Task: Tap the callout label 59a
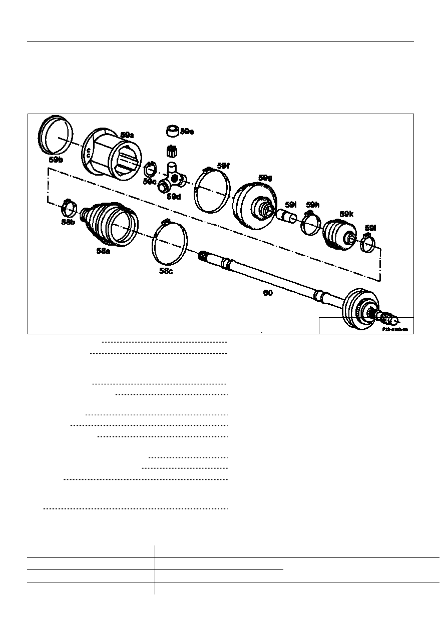coord(127,135)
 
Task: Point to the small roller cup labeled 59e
coord(173,131)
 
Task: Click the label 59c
coord(149,181)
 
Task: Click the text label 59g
coord(265,178)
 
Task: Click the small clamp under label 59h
coord(310,223)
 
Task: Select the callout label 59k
coord(346,214)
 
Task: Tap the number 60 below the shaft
coord(268,293)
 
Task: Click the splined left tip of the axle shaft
coord(203,256)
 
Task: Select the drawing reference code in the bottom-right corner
coord(395,330)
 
